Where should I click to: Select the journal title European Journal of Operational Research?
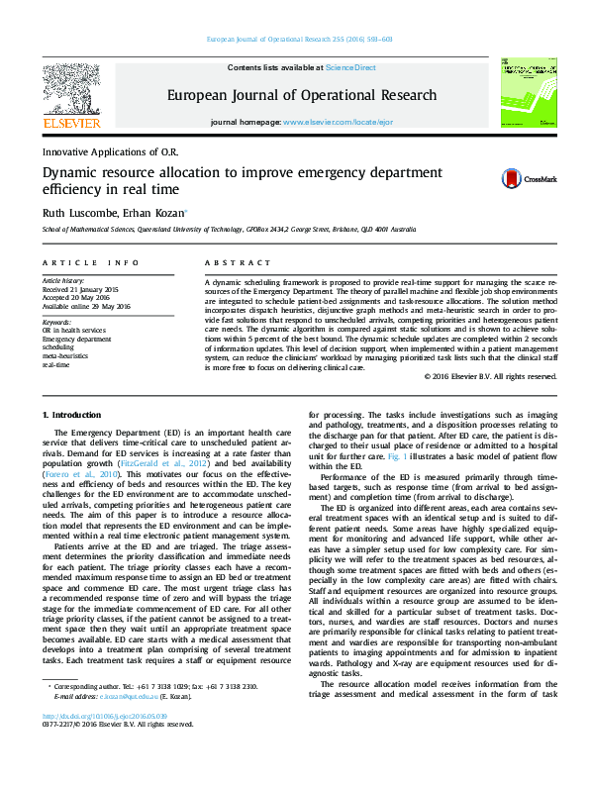[x=301, y=96]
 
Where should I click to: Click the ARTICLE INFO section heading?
[x=90, y=262]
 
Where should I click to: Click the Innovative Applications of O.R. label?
[x=108, y=151]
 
